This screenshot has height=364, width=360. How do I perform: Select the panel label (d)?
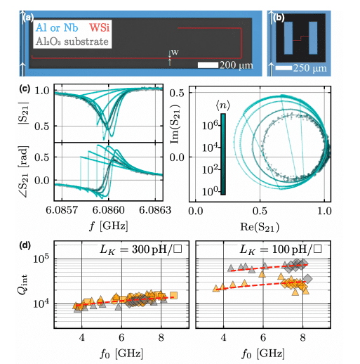coord(26,245)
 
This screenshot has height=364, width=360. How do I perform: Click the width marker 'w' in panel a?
coord(174,52)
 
